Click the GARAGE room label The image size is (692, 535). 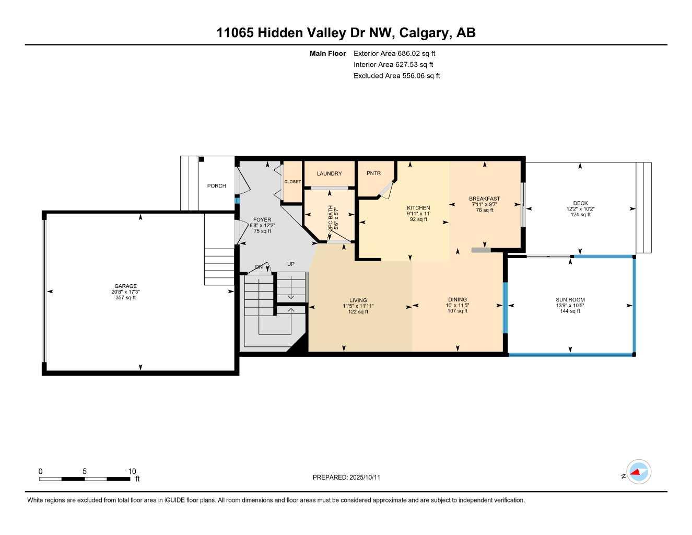pyautogui.click(x=125, y=286)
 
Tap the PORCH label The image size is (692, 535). pyautogui.click(x=216, y=185)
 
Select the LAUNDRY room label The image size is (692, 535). pyautogui.click(x=329, y=173)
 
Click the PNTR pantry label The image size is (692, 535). pyautogui.click(x=373, y=173)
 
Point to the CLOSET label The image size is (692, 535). pyautogui.click(x=292, y=182)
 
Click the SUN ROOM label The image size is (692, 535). pyautogui.click(x=570, y=300)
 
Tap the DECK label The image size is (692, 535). pyautogui.click(x=580, y=203)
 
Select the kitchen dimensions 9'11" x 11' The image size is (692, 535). pyautogui.click(x=418, y=214)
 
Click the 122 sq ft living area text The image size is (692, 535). pyautogui.click(x=358, y=312)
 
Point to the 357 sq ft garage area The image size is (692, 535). pyautogui.click(x=125, y=298)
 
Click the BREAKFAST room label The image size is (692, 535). pyautogui.click(x=484, y=199)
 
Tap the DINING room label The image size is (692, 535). pyautogui.click(x=458, y=300)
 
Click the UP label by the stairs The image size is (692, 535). pyautogui.click(x=291, y=264)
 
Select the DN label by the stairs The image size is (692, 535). pyautogui.click(x=259, y=267)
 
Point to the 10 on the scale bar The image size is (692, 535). pyautogui.click(x=132, y=471)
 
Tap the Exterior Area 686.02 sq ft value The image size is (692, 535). pyautogui.click(x=394, y=53)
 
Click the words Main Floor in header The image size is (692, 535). pyautogui.click(x=327, y=53)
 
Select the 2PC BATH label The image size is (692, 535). pyautogui.click(x=330, y=218)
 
